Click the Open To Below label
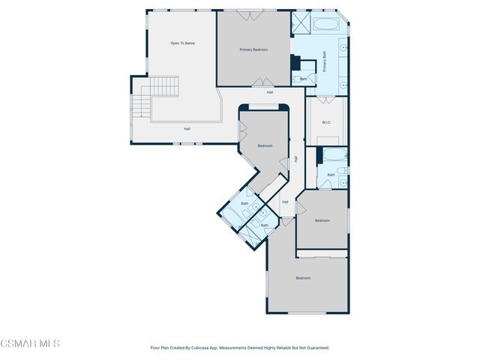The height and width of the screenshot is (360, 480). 182,43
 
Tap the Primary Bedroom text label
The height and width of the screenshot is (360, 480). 253,49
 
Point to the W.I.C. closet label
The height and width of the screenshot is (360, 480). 327,122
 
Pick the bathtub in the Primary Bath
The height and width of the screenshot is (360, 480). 326,24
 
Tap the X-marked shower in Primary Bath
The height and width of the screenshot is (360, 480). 301,22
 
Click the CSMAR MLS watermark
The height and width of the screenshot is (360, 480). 30,343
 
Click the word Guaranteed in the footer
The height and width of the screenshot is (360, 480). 314,347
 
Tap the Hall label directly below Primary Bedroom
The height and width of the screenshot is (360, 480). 269,92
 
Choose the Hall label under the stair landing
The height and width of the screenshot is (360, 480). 187,129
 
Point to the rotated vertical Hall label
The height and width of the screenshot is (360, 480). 296,159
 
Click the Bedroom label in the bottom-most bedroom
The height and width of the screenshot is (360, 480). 302,278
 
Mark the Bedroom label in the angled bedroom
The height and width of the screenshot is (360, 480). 264,145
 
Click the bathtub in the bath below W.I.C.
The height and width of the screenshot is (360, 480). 333,158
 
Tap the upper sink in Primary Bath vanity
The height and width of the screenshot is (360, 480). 343,47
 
